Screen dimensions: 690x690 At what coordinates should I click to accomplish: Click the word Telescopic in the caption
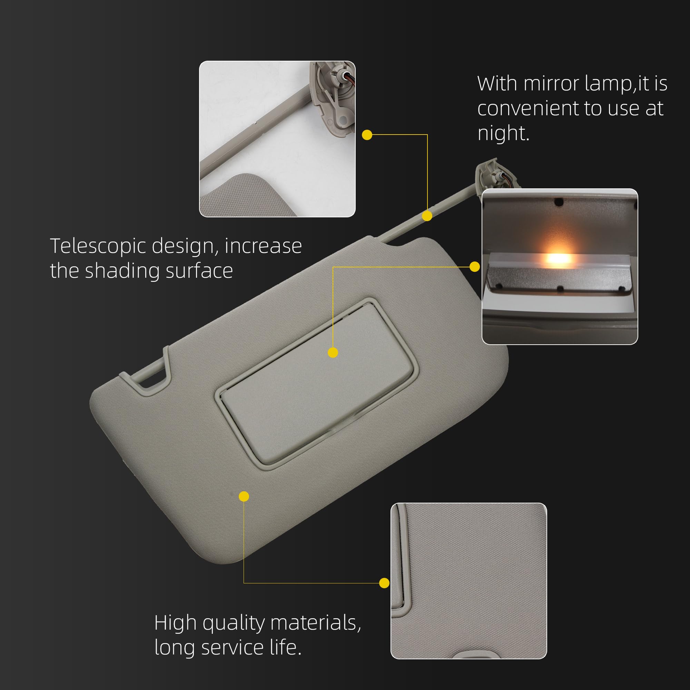pos(98,246)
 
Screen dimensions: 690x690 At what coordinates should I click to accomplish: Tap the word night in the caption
pos(503,134)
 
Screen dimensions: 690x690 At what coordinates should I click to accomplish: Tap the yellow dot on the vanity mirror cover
pos(333,353)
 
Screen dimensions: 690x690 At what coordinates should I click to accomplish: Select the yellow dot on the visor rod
pos(427,216)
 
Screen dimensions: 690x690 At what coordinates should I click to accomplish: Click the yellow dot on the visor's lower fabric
pos(244,496)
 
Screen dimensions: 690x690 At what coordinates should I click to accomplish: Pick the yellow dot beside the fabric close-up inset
pos(384,583)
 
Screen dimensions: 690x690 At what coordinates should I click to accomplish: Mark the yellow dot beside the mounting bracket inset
pos(367,135)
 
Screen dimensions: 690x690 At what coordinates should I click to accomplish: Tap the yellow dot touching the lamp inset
pos(475,267)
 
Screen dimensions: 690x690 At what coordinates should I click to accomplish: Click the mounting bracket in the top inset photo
pos(332,97)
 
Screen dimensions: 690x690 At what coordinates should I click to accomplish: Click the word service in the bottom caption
pos(233,648)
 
